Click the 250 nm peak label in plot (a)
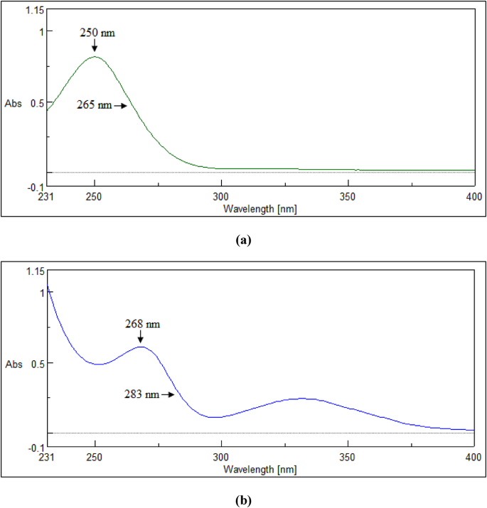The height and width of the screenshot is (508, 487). (97, 33)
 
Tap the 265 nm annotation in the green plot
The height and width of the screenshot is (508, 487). (95, 105)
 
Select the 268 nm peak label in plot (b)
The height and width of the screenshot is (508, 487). (143, 324)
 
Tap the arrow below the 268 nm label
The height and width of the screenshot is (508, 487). (140, 337)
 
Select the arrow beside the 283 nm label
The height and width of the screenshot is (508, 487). (168, 394)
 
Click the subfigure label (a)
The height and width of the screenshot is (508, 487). (243, 240)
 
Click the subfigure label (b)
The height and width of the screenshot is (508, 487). (243, 500)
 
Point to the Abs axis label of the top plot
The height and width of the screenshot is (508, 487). (14, 103)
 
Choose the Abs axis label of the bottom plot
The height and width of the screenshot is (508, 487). (14, 364)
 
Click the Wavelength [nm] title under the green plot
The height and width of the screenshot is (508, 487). (259, 209)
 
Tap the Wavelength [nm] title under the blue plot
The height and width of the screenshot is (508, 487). (259, 470)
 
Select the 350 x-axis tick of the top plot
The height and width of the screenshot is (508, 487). (348, 197)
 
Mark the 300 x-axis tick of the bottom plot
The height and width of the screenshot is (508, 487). (221, 458)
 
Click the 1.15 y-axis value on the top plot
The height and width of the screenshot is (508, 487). (33, 10)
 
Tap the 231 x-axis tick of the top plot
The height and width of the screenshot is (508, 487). (47, 197)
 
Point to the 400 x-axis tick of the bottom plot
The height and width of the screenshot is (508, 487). (473, 458)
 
